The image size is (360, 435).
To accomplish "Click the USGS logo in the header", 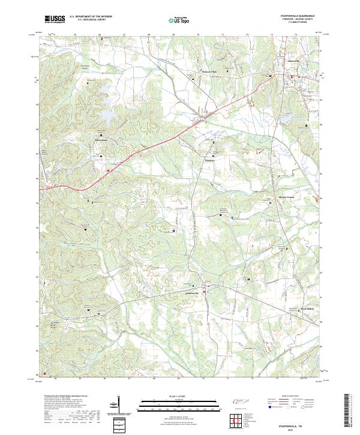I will [55, 19].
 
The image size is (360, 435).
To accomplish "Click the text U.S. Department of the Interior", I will [91, 17].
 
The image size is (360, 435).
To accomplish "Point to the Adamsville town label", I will [278, 61].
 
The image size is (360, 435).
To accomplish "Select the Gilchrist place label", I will [209, 161].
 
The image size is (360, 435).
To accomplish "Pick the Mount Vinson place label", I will [270, 196].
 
